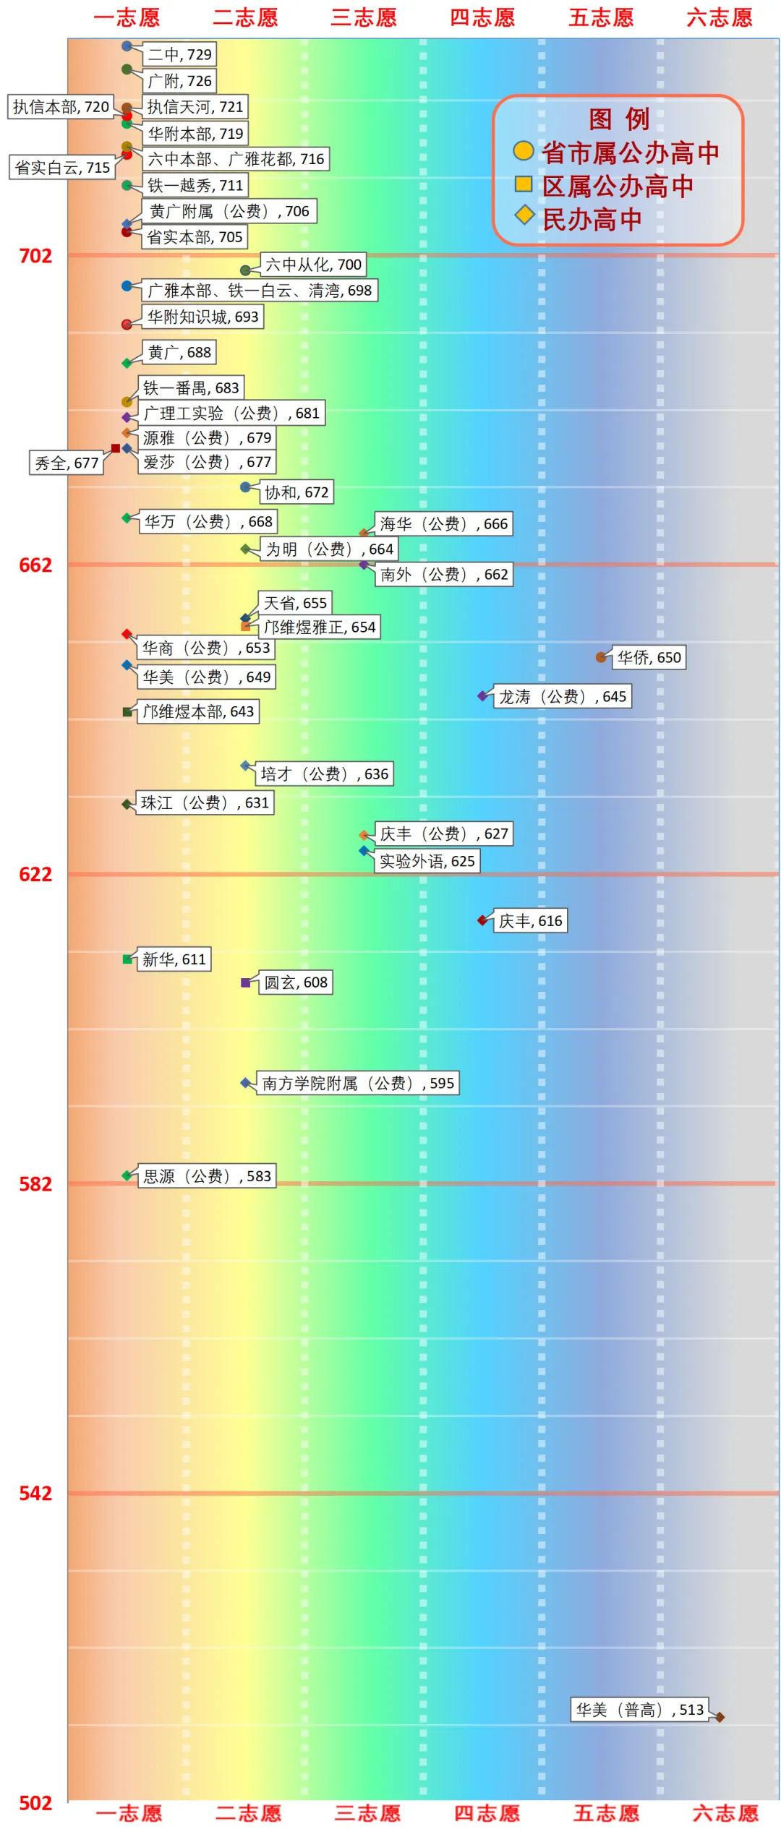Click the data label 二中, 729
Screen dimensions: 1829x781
tap(179, 54)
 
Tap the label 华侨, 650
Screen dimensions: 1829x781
tap(649, 657)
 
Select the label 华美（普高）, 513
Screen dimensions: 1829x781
tap(639, 1710)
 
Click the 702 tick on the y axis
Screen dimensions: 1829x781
tap(35, 256)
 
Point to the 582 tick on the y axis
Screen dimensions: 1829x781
tap(35, 1184)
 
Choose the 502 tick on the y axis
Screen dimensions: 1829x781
tap(35, 1803)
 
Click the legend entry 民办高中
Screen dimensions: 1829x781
tap(592, 220)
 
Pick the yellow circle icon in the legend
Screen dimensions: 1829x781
tap(523, 151)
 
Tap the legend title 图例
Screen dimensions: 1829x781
tap(618, 119)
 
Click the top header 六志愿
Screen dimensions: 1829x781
tap(720, 17)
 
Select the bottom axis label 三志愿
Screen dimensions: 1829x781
tap(367, 1813)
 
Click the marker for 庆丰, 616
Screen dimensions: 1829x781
tap(482, 920)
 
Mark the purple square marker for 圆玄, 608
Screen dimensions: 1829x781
tap(246, 982)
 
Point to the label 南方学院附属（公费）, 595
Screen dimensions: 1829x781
tap(357, 1083)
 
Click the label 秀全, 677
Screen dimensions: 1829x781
tap(67, 463)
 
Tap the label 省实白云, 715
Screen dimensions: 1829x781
tap(62, 168)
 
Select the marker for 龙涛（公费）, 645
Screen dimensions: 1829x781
tap(482, 696)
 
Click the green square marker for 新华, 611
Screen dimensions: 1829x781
tap(127, 959)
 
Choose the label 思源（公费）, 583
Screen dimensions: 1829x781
tap(207, 1176)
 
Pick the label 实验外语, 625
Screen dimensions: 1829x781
tap(427, 861)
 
